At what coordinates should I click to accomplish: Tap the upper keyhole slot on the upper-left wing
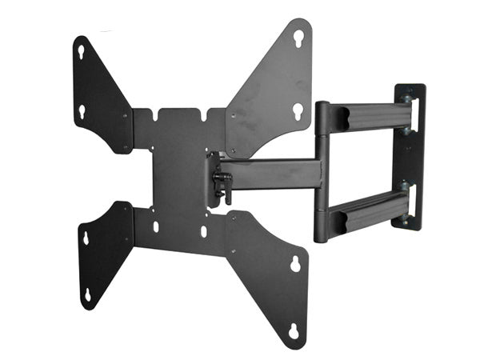tap(82, 51)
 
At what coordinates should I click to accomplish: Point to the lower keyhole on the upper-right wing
tap(297, 110)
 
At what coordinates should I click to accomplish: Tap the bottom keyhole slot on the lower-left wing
tap(87, 295)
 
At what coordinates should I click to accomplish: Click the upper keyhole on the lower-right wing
tap(294, 263)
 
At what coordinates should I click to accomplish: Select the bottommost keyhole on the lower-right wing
tap(293, 330)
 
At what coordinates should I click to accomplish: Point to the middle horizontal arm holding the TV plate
tap(272, 172)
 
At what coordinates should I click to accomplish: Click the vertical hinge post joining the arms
tap(322, 172)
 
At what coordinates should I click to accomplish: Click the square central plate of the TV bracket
tap(180, 172)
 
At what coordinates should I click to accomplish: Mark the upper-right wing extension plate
tap(268, 88)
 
